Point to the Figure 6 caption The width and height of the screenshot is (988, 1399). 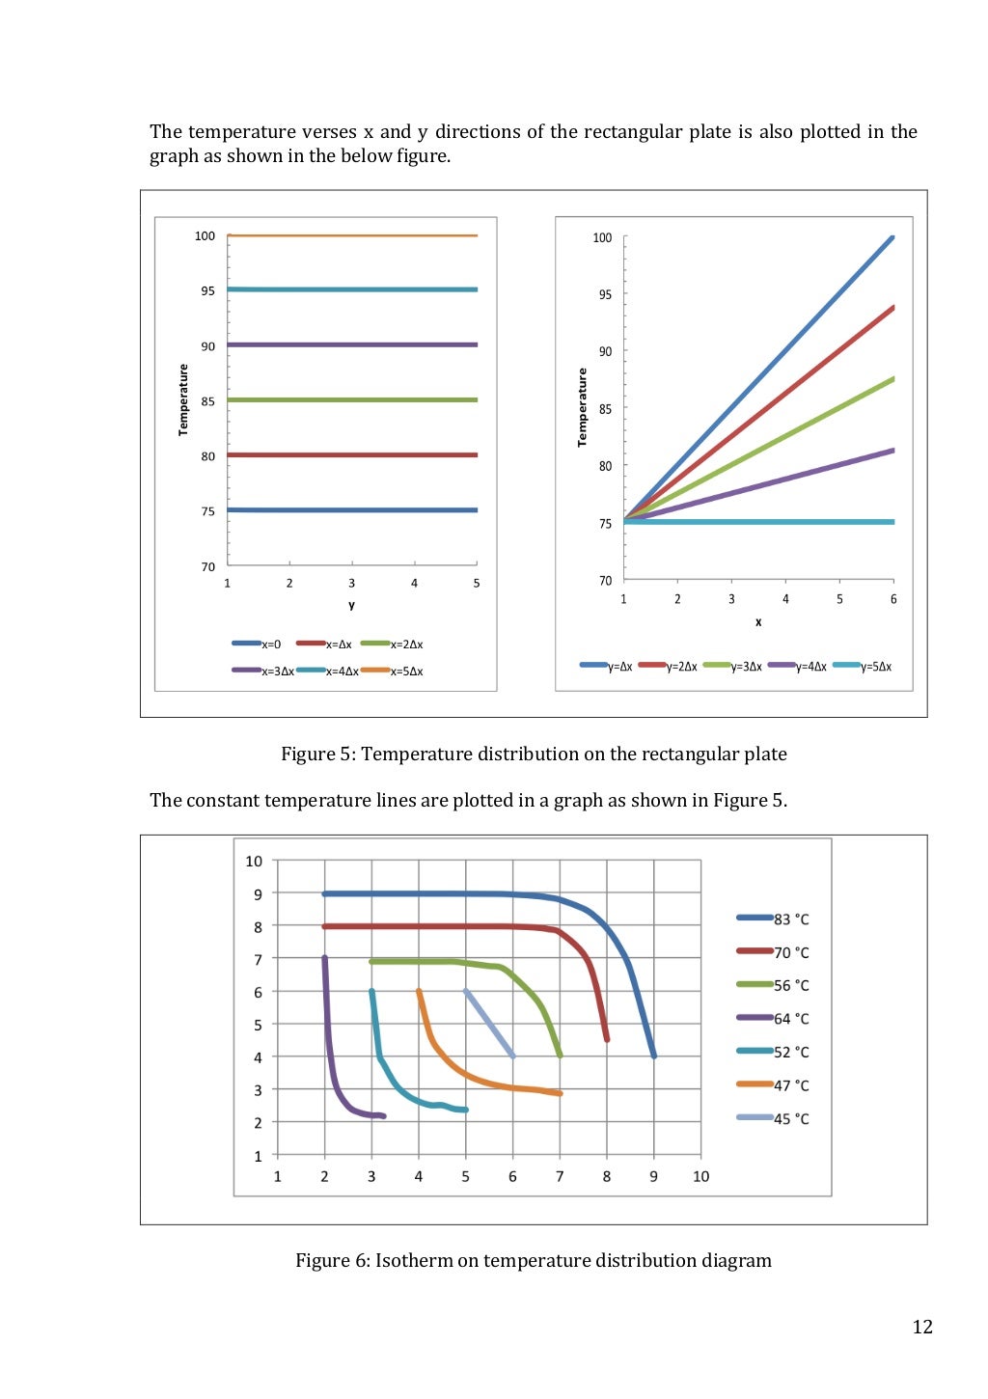pos(533,1260)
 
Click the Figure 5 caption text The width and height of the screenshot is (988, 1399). pos(534,754)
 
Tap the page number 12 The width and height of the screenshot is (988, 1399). pos(922,1327)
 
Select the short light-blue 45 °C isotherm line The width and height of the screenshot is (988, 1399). pos(489,1023)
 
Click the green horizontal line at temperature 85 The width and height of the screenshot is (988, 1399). pos(352,399)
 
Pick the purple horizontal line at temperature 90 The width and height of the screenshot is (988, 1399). pos(352,344)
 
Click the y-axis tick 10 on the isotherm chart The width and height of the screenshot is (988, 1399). pos(254,861)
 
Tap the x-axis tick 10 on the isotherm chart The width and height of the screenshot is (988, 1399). pos(700,1176)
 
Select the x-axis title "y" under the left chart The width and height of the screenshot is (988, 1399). pos(352,606)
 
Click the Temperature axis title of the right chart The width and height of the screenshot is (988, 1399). pos(582,407)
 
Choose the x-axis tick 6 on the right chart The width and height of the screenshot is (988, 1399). pos(893,599)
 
